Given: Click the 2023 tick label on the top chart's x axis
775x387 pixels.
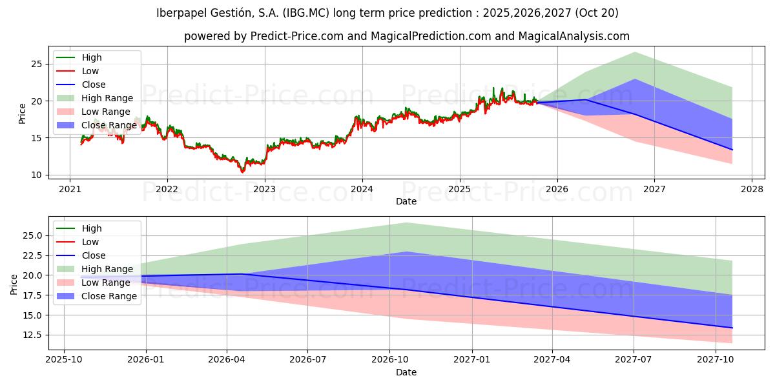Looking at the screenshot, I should [265, 189].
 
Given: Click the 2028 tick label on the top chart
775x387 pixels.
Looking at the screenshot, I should [752, 189].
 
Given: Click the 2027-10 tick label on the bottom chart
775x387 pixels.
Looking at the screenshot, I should [716, 360].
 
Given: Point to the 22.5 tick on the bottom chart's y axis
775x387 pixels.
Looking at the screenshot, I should [31, 255].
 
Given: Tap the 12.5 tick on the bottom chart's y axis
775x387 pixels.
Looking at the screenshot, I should [31, 335].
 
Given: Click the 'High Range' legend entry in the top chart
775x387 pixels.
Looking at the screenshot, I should [107, 98].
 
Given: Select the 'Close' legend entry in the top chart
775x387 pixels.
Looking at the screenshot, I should [94, 84].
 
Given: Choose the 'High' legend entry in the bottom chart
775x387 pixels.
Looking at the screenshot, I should [92, 228].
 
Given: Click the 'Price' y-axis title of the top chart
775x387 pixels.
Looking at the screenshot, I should [22, 113].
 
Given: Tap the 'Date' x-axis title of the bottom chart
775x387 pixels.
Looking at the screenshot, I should [406, 372].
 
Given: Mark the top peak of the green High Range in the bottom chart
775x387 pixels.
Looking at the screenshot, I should [407, 223].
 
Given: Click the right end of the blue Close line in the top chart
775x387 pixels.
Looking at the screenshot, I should [732, 150].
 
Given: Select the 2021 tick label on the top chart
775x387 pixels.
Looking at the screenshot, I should [70, 189].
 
